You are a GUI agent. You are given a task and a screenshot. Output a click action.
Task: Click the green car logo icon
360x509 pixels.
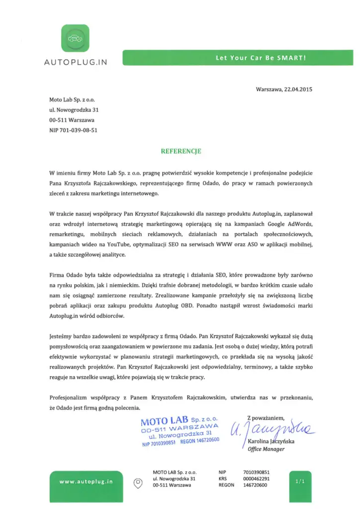tap(75, 39)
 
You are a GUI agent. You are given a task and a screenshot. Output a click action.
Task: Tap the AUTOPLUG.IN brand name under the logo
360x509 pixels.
tap(75, 63)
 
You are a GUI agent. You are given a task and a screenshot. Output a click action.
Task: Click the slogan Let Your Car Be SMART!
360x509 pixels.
tap(261, 58)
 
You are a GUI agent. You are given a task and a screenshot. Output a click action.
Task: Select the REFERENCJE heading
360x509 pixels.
tap(180, 151)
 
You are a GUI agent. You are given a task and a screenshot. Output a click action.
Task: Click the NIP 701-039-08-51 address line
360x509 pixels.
tap(73, 130)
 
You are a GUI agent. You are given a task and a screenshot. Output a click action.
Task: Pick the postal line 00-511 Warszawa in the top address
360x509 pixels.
tap(72, 120)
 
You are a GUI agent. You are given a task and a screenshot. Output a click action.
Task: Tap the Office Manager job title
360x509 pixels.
tap(266, 449)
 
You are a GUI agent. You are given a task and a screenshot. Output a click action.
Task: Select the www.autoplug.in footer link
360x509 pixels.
tap(86, 481)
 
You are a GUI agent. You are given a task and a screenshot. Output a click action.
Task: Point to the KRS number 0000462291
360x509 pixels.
tap(257, 478)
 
